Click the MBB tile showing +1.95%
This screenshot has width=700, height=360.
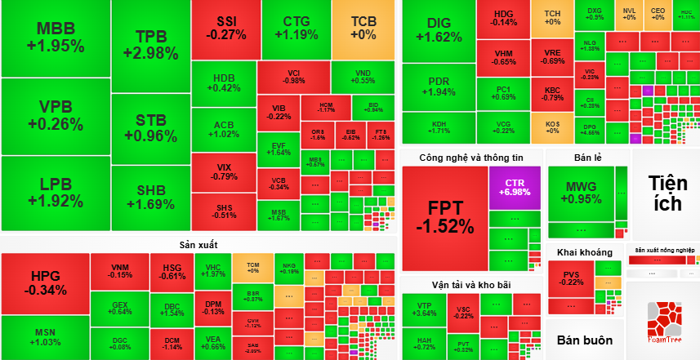pyautogui.click(x=55, y=38)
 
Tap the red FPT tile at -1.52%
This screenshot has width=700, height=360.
pyautogui.click(x=444, y=217)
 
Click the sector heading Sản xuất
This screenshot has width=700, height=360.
pyautogui.click(x=198, y=245)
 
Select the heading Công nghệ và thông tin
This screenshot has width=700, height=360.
pyautogui.click(x=470, y=158)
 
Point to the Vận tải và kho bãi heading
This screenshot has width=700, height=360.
pyautogui.click(x=470, y=285)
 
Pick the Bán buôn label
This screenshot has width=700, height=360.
pyautogui.click(x=584, y=340)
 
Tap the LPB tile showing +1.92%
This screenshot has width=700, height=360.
pyautogui.click(x=55, y=193)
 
